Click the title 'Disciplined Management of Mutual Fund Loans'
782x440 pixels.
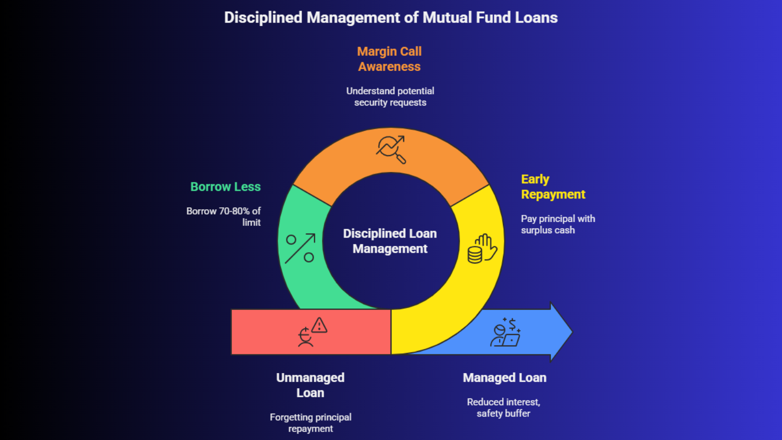pyautogui.click(x=391, y=18)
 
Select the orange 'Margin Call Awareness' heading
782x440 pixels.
pyautogui.click(x=389, y=59)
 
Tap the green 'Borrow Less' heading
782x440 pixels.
pyautogui.click(x=225, y=187)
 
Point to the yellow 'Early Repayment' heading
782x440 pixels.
pyautogui.click(x=552, y=187)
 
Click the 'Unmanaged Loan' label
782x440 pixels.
pyautogui.click(x=310, y=385)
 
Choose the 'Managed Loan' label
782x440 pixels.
pyautogui.click(x=504, y=378)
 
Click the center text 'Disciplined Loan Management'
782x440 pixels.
pyautogui.click(x=390, y=241)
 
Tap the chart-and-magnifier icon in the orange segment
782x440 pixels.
pyautogui.click(x=391, y=149)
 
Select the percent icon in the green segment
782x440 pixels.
pyautogui.click(x=300, y=248)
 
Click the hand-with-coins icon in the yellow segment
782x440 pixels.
pyautogui.click(x=482, y=249)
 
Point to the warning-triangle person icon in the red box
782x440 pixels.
pyautogui.click(x=312, y=332)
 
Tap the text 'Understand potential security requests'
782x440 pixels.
pyautogui.click(x=390, y=97)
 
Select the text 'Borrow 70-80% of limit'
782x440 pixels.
pyautogui.click(x=224, y=217)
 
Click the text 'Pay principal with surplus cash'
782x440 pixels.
pyautogui.click(x=557, y=224)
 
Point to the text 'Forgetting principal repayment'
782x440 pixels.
pyautogui.click(x=310, y=423)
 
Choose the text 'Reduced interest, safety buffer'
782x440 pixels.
pyautogui.click(x=503, y=408)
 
